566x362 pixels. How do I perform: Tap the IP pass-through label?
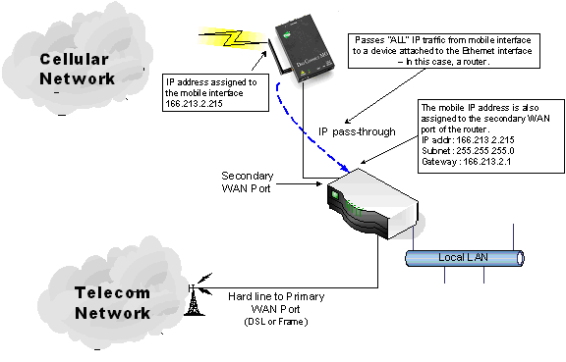(x=357, y=130)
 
